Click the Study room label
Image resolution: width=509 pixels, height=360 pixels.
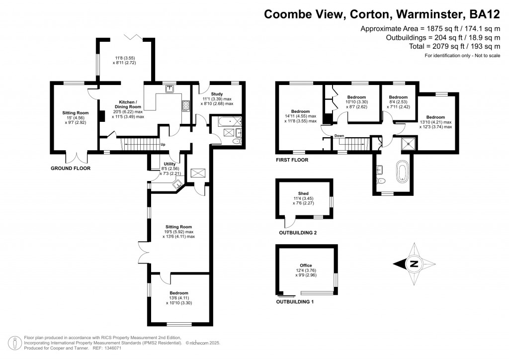tap(217, 94)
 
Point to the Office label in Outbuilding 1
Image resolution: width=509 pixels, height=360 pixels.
tap(305, 265)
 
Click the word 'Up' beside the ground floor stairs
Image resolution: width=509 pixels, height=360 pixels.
tap(162, 145)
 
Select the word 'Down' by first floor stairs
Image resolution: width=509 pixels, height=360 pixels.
tap(339, 136)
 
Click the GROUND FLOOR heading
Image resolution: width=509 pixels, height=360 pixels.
tap(71, 169)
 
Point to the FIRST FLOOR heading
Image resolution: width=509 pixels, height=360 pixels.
tap(292, 160)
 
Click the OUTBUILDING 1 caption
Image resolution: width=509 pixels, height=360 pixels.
tap(297, 301)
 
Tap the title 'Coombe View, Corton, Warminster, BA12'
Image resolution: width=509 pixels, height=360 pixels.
tap(381, 14)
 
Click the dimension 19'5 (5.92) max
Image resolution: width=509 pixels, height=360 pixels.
tap(178, 232)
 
